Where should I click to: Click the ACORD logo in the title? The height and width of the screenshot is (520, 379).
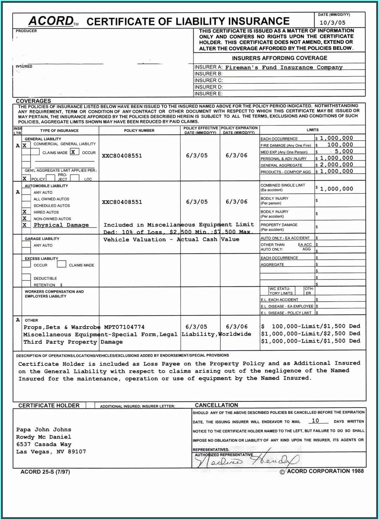51,21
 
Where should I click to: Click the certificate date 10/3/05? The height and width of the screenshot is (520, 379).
332,23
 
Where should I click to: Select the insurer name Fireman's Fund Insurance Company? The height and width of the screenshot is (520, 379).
283,67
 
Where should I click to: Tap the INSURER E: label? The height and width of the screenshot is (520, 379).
208,94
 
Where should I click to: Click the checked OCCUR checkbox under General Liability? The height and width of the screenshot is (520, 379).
73,152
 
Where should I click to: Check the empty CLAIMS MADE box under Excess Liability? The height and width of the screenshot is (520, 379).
62,264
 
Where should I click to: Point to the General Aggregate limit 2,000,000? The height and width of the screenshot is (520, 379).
336,165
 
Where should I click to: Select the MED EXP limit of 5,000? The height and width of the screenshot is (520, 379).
343,151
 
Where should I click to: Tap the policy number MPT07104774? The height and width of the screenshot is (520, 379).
124,327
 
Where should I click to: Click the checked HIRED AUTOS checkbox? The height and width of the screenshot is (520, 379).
25,212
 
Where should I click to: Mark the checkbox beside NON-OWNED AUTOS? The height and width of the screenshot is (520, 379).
25,219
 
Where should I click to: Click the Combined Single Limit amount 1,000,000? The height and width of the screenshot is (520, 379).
336,189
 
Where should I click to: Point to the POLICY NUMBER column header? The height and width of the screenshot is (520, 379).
139,131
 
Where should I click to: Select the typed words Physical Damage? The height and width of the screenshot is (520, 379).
61,225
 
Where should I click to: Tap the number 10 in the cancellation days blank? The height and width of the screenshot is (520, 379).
315,421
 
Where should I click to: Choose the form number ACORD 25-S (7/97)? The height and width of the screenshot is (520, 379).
45,472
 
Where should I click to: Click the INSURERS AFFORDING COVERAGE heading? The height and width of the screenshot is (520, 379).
279,58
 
